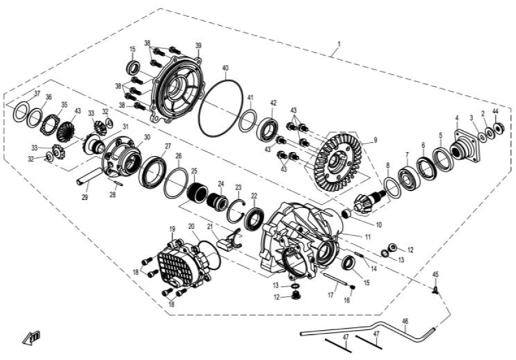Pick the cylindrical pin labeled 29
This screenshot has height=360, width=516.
click(x=89, y=178)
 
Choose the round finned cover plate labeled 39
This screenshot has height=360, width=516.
click(x=176, y=90)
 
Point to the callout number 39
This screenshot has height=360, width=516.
click(x=198, y=46)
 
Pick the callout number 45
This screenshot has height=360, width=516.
click(x=436, y=275)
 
